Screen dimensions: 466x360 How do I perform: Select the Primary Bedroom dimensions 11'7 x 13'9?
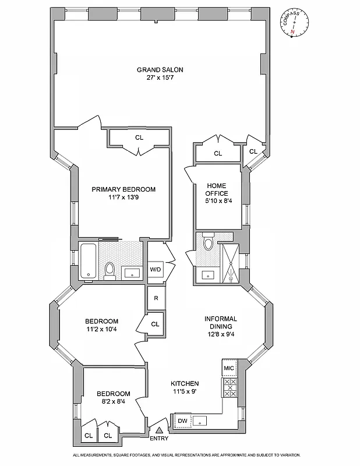click(x=123, y=198)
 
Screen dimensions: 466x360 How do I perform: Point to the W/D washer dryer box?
click(x=156, y=269)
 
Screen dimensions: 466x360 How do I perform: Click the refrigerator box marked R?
click(x=156, y=298)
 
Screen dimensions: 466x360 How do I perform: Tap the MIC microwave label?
click(x=229, y=369)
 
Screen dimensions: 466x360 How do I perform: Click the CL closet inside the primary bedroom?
click(x=139, y=138)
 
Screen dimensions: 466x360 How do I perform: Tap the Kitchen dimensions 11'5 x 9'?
click(x=185, y=392)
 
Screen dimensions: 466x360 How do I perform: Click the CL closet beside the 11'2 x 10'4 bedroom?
click(x=155, y=324)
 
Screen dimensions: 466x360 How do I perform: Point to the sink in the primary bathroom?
click(x=131, y=272)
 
